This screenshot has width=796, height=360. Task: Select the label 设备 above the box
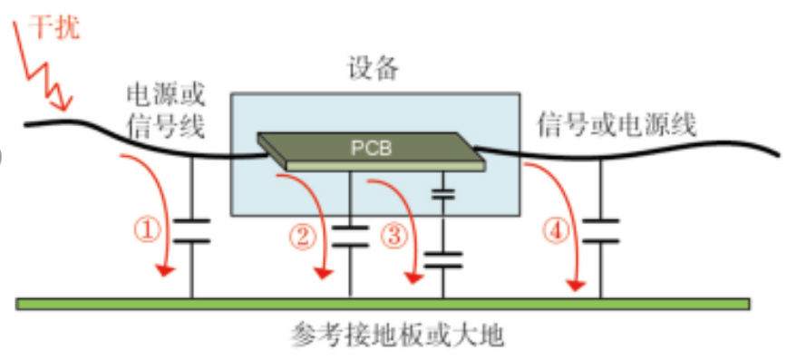[373, 69]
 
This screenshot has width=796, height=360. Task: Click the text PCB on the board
[371, 148]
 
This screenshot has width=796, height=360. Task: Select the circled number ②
[303, 237]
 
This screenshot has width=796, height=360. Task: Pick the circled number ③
[393, 237]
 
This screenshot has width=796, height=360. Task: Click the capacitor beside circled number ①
[191, 231]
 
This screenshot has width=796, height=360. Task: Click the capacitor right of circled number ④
[599, 231]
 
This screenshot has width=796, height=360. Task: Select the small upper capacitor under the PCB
[442, 193]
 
